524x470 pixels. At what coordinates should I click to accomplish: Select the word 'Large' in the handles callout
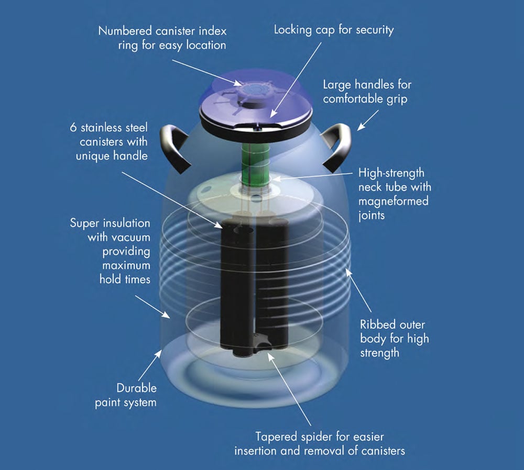pos(337,84)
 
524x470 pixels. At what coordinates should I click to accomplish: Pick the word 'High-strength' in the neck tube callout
pos(390,173)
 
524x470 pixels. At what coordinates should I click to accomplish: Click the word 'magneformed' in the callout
pos(394,200)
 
